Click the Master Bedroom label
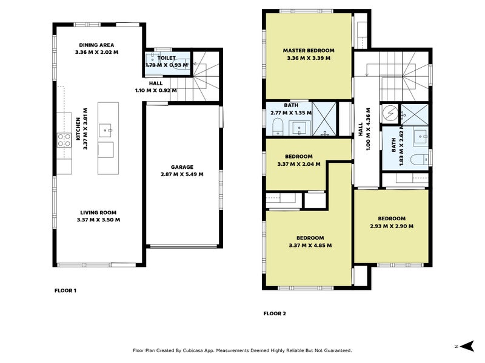coord(309,50)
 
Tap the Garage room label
coord(182,167)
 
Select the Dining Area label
coord(96,45)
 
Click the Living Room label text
coord(98,212)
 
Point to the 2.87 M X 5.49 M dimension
coord(182,174)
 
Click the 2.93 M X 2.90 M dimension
coord(392,226)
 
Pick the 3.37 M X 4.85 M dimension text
coord(310,246)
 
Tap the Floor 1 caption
coord(65,290)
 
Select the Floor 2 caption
coord(275,313)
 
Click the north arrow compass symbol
coord(467,346)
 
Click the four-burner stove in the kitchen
coord(64,140)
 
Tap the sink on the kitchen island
coord(105,131)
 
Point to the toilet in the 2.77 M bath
coord(278,127)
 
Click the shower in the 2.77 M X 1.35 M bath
coord(324,119)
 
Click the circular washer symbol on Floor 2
coord(390,113)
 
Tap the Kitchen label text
coord(78,129)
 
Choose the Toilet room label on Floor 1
coord(166,57)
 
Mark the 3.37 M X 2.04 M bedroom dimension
coord(299,164)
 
